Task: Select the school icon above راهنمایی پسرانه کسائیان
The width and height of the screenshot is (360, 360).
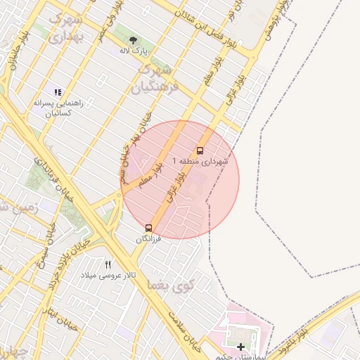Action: (58, 92)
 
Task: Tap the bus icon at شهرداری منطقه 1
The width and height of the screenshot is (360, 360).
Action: (200, 150)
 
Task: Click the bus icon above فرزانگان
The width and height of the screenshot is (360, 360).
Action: (148, 228)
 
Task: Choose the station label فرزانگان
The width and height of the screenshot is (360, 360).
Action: (148, 239)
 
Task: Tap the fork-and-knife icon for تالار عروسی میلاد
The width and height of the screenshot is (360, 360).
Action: (108, 264)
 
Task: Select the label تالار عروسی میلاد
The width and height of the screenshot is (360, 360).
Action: (107, 274)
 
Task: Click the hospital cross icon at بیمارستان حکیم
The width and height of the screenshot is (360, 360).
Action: (241, 347)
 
